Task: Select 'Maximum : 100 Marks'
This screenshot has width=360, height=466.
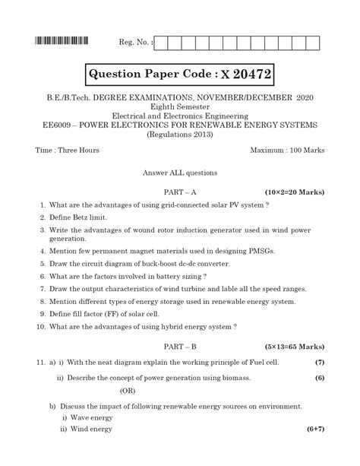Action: [287, 151]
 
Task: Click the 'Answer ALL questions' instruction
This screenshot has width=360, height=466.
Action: [180, 173]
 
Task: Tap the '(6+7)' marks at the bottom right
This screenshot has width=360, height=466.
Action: [312, 429]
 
